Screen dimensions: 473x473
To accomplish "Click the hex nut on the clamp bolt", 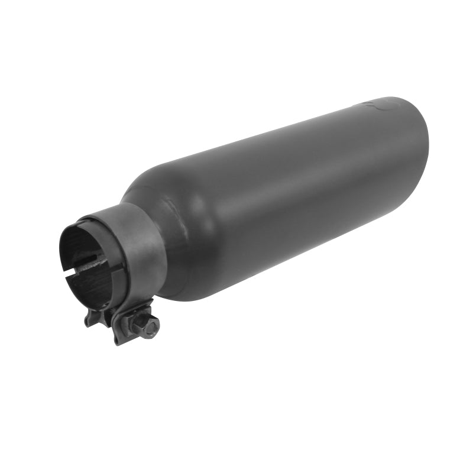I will pos(141,324).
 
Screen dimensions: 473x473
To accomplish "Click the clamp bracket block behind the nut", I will pos(127,319).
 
